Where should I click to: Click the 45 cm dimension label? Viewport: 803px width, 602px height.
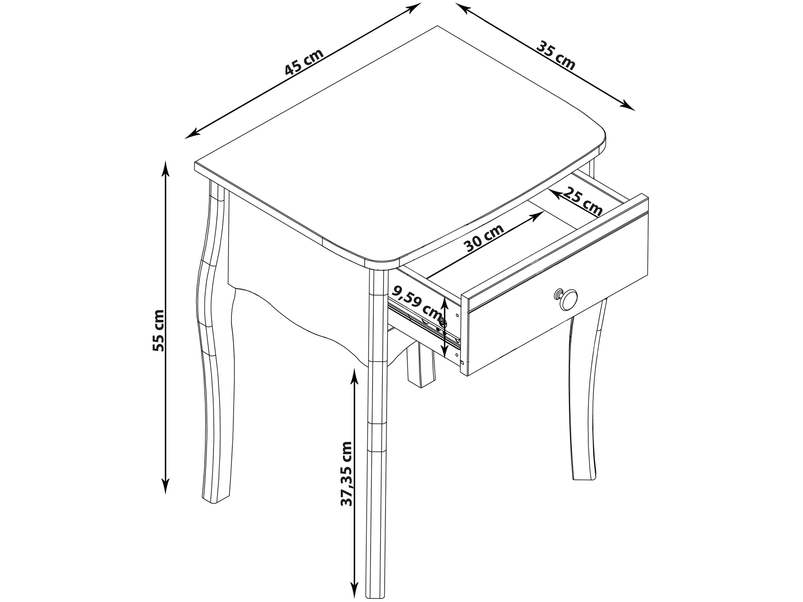click(304, 62)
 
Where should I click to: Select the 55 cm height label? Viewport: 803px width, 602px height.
click(158, 330)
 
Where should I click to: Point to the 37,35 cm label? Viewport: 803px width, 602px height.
click(347, 474)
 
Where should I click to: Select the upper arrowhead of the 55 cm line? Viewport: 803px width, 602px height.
click(166, 169)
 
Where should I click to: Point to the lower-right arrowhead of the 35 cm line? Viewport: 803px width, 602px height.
click(627, 107)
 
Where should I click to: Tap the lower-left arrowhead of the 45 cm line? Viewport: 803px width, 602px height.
click(193, 133)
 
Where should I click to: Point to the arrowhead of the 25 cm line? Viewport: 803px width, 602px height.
click(555, 194)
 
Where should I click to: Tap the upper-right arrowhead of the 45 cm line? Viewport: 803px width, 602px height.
click(413, 8)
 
